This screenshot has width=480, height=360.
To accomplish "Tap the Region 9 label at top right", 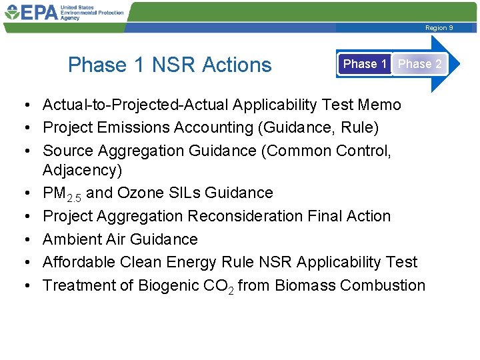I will (x=439, y=28).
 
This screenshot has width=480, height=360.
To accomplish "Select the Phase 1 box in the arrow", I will (x=364, y=64).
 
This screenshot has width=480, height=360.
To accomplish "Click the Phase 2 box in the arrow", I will (x=419, y=64).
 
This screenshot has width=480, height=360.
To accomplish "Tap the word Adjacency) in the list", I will (x=82, y=170).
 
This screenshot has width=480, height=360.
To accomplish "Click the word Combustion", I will (x=382, y=285).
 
